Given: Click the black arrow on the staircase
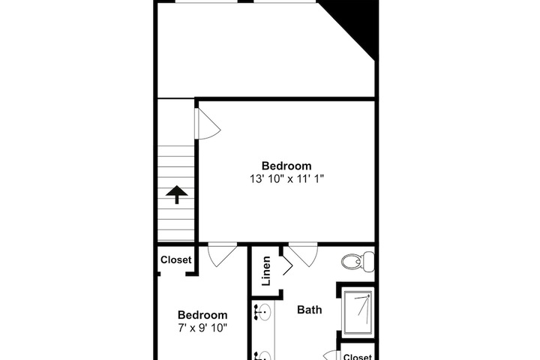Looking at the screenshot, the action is click(x=177, y=194).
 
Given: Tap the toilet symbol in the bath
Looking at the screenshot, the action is click(x=358, y=262).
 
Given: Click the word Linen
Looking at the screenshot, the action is click(x=266, y=271).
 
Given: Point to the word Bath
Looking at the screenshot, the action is click(x=310, y=310).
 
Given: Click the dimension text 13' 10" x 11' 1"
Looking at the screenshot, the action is click(x=286, y=178).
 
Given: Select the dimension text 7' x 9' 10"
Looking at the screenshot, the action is click(x=202, y=328).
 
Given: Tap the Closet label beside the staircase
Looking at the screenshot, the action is click(x=175, y=259).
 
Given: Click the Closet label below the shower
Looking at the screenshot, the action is click(x=358, y=357).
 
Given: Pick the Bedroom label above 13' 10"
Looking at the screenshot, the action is click(x=286, y=166).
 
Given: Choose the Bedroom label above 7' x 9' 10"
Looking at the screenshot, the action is click(x=202, y=315).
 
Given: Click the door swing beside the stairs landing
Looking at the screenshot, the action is click(x=208, y=124).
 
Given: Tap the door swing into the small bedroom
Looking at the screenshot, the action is click(x=223, y=254).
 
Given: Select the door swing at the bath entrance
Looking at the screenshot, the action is click(x=303, y=254).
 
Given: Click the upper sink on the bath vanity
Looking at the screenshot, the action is click(x=263, y=313).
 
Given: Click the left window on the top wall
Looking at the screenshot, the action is click(x=206, y=1).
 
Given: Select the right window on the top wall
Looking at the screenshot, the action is click(x=284, y=1).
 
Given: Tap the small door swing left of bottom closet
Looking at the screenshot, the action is click(x=331, y=355).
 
